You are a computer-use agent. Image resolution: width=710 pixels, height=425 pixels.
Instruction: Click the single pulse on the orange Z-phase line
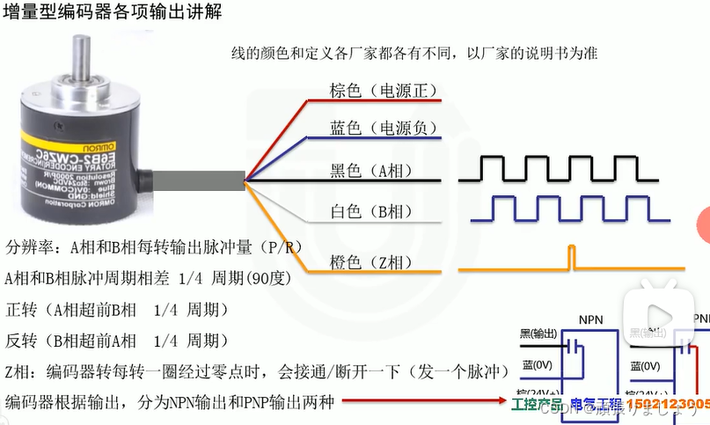click(570, 257)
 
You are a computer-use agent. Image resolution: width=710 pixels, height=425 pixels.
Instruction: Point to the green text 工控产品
click(537, 404)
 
